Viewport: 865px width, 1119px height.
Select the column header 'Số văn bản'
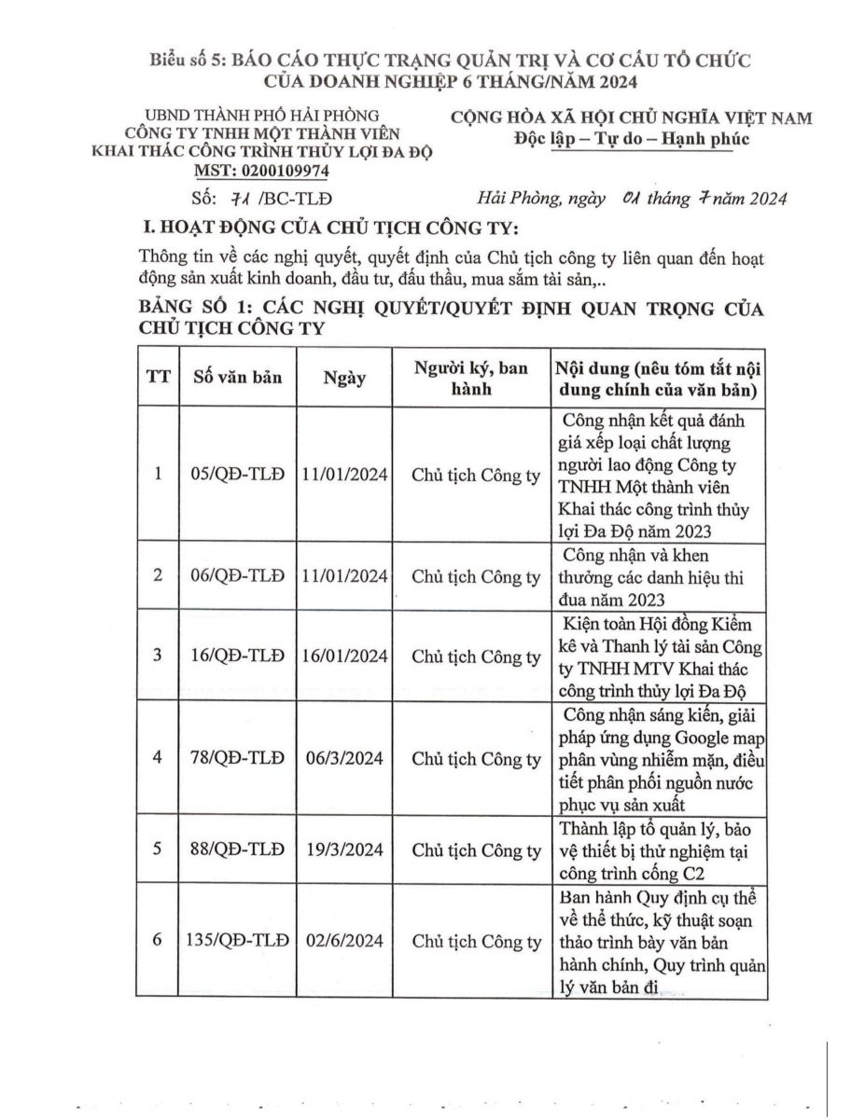tap(238, 379)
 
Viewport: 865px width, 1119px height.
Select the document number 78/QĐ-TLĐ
tap(238, 757)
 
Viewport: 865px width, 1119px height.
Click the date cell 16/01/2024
tap(345, 656)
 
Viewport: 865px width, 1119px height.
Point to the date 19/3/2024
tap(345, 850)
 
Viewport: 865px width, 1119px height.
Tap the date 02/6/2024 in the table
tap(345, 942)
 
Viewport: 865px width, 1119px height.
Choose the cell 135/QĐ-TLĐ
tap(238, 942)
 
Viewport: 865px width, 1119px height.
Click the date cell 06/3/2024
tap(345, 757)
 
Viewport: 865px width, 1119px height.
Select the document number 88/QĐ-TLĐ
tap(238, 850)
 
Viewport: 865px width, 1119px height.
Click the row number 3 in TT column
tap(158, 656)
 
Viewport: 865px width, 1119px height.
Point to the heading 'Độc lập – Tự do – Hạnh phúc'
tap(631, 139)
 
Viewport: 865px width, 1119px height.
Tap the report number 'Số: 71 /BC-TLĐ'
tap(261, 199)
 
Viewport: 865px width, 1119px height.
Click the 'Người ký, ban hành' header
tap(477, 378)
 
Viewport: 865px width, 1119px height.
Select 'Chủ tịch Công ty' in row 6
tap(476, 942)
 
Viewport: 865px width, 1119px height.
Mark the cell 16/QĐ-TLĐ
tap(238, 656)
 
